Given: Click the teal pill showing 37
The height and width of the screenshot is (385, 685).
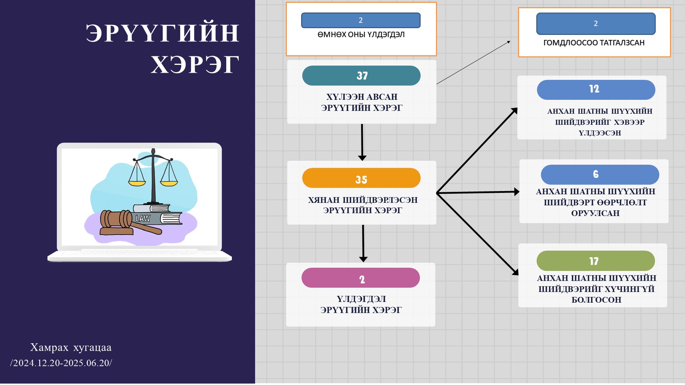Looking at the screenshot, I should coord(361,76).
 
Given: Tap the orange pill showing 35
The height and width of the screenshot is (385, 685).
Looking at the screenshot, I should coord(361,178).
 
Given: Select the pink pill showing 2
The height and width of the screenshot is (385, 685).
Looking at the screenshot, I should coord(360,278).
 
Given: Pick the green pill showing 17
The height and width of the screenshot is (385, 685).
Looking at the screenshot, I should coord(595,261).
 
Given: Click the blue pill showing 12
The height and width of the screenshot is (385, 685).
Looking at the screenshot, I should coord(596,89).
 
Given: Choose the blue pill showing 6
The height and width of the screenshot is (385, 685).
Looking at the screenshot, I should coord(600,174).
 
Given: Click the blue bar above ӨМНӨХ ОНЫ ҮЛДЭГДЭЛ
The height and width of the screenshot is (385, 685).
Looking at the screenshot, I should coord(361,20).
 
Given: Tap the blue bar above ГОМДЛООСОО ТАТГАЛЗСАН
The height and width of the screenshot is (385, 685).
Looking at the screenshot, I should coord(595,24).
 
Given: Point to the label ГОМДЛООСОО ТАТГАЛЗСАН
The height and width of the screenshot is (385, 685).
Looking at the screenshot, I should coord(594,43).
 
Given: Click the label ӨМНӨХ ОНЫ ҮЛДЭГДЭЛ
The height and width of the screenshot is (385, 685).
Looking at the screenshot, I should coord(361,35).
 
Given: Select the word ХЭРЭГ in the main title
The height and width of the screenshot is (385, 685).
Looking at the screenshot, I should coord(194,65).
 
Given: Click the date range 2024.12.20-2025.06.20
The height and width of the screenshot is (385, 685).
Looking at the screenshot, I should coord(61,363).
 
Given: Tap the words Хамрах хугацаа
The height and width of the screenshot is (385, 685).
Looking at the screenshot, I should coord(71,347).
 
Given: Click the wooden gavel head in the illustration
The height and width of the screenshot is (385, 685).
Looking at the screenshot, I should coord(116,219).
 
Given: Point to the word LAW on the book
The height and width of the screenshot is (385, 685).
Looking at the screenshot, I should coord(143,219).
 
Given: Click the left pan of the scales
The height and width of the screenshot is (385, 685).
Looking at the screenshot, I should coord(137,183).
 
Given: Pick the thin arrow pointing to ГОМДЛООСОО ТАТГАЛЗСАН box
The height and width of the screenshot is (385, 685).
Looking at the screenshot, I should coord(473,63).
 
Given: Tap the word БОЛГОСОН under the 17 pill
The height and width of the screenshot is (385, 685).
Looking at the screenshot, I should coord(596,300).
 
